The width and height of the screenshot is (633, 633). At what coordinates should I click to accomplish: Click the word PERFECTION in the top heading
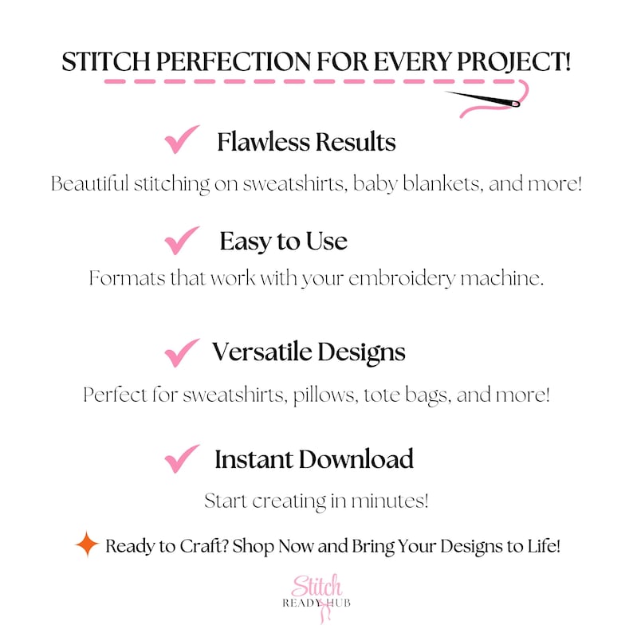[206, 63]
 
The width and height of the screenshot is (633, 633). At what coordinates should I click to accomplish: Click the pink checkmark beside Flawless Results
[182, 142]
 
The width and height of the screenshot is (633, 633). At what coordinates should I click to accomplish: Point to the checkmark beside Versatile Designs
[182, 352]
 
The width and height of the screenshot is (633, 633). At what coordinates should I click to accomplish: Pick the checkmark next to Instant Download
[182, 458]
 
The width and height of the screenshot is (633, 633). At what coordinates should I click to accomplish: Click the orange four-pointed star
[86, 545]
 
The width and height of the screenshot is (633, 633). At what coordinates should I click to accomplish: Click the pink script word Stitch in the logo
[316, 585]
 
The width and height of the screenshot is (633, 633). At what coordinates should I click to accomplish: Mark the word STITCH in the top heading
[101, 63]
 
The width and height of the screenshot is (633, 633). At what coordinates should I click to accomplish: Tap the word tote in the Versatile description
[385, 395]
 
